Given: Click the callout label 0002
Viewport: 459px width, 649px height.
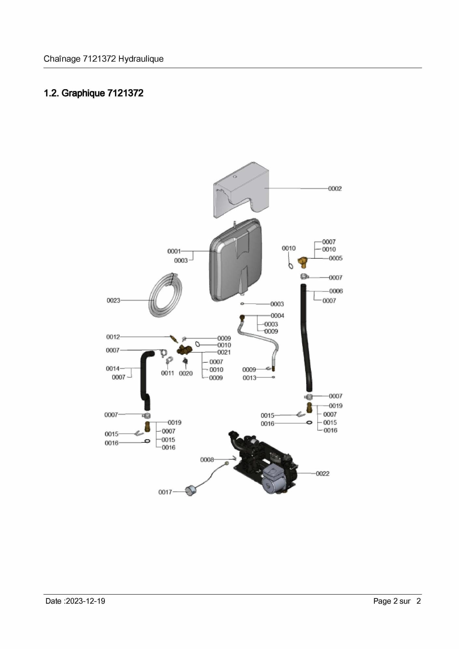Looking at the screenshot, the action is pos(335,189).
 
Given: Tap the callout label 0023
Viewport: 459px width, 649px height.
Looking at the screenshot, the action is pos(113,301).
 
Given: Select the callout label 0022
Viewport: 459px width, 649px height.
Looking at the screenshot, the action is pos(323,474).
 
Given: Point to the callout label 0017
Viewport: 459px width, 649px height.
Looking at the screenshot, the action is pos(165,492).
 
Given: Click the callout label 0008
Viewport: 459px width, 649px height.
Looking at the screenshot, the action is pos(207,460).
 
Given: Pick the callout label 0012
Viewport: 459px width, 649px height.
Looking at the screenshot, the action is pos(113,337).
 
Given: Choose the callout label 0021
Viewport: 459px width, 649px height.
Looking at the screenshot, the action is pos(224,352).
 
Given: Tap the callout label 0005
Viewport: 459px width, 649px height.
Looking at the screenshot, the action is pos(336,258).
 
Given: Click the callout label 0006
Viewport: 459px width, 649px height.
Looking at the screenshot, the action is pos(336,291).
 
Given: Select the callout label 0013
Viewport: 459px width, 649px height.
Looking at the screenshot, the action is pos(249,378).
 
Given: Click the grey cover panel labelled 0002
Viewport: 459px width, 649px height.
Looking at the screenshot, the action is pos(241,190).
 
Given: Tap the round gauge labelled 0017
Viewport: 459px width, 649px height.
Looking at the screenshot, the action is pos(191,490).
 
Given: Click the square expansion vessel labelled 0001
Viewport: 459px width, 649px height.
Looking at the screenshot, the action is pos(235,260).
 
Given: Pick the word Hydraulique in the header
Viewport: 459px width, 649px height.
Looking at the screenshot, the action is pos(141,59).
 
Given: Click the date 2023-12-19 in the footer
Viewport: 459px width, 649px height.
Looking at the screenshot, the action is pos(85,601).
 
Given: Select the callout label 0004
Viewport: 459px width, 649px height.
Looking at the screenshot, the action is pos(277,316).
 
